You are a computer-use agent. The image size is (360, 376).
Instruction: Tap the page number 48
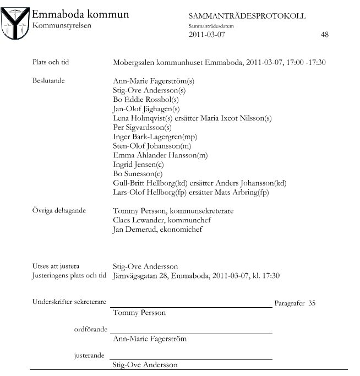[x=324, y=34]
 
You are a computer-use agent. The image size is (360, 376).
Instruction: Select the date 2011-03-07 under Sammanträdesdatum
[x=207, y=34]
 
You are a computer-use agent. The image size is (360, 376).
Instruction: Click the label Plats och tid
[x=51, y=62]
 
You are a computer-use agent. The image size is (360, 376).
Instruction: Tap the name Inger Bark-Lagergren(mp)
[x=155, y=137]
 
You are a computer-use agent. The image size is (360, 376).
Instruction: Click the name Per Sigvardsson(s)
[x=142, y=127]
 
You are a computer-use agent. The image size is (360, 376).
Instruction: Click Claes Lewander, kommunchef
[x=162, y=220]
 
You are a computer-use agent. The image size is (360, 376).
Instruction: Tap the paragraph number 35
[x=312, y=303]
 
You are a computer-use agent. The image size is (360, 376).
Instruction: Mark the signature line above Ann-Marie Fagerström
[x=192, y=334]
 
